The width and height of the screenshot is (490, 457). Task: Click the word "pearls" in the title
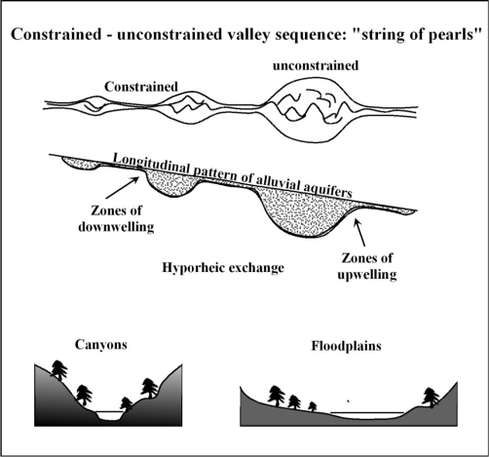click(x=452, y=34)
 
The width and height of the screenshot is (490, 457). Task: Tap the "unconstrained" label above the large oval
click(x=316, y=65)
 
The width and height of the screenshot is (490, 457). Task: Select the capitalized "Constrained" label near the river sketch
click(x=141, y=87)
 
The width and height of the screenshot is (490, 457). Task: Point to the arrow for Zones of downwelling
click(x=124, y=187)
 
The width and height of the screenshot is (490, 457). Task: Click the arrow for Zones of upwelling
click(x=359, y=232)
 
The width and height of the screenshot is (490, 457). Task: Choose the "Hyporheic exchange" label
click(x=223, y=268)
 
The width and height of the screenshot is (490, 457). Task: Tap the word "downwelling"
click(x=116, y=226)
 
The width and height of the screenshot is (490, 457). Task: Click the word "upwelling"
click(x=367, y=275)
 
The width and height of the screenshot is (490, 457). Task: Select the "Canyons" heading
click(x=100, y=344)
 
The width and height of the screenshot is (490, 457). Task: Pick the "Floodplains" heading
click(x=346, y=346)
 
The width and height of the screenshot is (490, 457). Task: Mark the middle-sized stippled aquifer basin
click(x=171, y=182)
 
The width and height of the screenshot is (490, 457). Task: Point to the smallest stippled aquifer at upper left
click(x=80, y=163)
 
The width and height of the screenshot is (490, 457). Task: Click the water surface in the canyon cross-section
click(x=110, y=412)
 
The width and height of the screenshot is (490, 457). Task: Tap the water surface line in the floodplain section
click(x=367, y=412)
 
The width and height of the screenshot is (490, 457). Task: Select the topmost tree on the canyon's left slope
click(x=59, y=370)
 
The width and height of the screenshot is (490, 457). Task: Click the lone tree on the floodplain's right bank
click(x=431, y=398)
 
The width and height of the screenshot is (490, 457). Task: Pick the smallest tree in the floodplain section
click(x=313, y=406)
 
